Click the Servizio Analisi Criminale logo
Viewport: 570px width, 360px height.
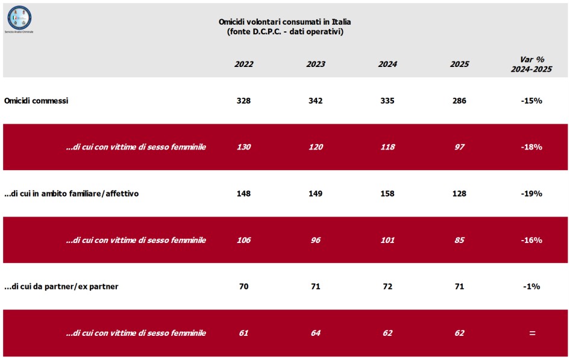(19, 19)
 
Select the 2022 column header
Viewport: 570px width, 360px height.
(243, 65)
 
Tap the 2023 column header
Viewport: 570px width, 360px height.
(315, 65)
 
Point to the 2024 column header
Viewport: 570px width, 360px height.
(387, 65)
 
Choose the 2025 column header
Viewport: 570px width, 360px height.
(459, 65)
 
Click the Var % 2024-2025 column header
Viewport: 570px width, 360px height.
(531, 64)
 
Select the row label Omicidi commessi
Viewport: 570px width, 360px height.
(36, 101)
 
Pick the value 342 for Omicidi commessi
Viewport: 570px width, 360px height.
(315, 101)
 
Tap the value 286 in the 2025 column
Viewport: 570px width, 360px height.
(459, 101)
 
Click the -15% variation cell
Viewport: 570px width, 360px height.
(531, 101)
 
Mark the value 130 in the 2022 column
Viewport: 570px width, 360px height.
(243, 147)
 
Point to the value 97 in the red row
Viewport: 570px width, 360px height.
(459, 147)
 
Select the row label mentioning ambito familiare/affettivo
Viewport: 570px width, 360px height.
(72, 194)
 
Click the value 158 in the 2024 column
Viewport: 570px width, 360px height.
(387, 194)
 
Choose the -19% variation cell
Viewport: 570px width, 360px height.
(531, 194)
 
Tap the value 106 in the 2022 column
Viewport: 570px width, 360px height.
(243, 240)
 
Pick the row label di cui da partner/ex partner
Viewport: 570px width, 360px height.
(61, 286)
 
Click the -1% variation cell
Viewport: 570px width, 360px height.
(531, 286)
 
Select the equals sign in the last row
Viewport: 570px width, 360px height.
(531, 333)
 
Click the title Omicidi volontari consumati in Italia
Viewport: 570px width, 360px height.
(284, 22)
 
